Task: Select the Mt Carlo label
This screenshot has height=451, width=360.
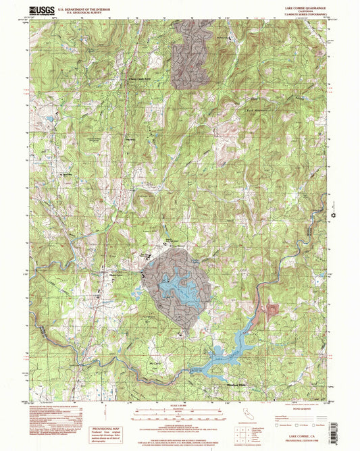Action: (156, 362)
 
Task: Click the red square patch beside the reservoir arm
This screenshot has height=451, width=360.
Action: (272, 309)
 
